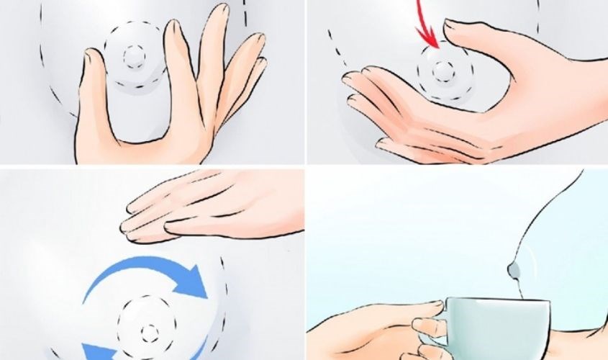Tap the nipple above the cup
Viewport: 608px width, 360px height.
click(x=512, y=270)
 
